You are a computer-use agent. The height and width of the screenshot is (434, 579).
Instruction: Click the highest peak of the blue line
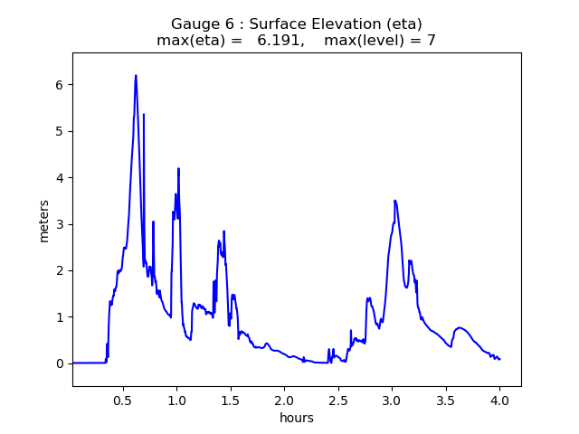136,76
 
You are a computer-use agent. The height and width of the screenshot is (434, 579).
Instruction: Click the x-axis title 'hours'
297,418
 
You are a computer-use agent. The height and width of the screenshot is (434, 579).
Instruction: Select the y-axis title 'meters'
43,221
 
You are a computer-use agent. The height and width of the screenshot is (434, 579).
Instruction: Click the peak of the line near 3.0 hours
394,201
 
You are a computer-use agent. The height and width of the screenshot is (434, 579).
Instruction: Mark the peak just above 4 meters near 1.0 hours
178,168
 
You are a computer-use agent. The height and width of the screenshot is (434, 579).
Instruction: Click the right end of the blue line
499,360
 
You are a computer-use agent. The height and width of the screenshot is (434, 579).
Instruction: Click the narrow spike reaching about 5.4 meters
144,114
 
